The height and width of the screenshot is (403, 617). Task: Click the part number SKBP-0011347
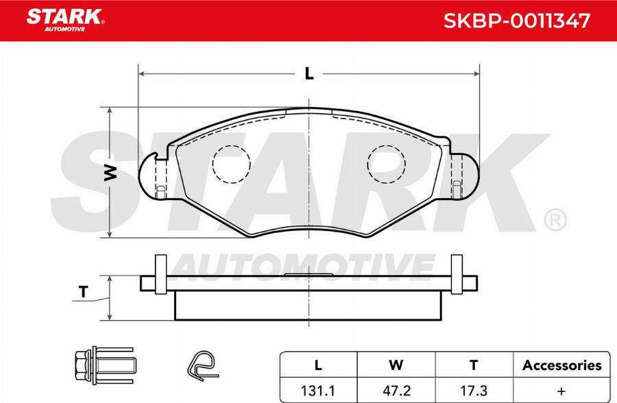click(x=517, y=21)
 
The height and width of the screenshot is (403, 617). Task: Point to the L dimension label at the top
click(x=309, y=73)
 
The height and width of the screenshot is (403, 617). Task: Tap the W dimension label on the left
click(x=110, y=173)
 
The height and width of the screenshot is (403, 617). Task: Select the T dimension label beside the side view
click(x=84, y=292)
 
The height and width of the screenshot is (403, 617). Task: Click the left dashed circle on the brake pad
click(x=231, y=165)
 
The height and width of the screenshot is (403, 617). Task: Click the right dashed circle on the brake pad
click(x=387, y=165)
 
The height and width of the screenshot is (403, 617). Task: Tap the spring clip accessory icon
click(x=202, y=365)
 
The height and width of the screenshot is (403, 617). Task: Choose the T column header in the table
click(x=473, y=365)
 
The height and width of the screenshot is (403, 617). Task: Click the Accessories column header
click(x=561, y=365)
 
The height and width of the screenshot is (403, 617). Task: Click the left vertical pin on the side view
click(x=160, y=275)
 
